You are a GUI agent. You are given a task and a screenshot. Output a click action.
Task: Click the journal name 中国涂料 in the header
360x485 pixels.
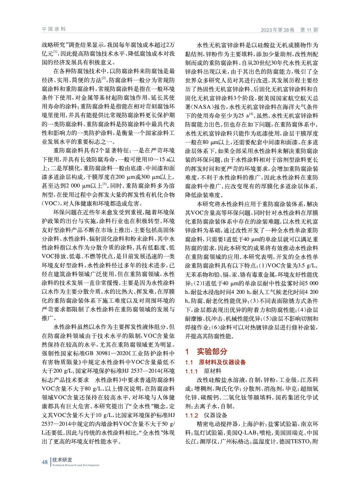tap(54, 29)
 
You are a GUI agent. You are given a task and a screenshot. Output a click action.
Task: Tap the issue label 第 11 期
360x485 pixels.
tap(309, 30)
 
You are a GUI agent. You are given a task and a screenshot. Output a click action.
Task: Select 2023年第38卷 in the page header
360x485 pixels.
tap(278, 30)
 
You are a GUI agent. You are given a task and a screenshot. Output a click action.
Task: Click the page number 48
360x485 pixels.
tap(45, 462)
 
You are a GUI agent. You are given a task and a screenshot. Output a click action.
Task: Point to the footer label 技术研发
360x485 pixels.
tap(62, 460)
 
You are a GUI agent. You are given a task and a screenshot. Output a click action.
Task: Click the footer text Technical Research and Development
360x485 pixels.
tap(76, 465)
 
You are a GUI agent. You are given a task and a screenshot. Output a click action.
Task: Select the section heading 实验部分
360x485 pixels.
tap(212, 351)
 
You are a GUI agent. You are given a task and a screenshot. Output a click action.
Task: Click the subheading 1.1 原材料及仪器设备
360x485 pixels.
tap(215, 362)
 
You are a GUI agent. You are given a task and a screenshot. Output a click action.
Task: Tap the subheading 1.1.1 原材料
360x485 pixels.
tap(203, 371)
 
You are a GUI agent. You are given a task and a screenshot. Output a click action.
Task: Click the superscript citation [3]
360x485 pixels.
tap(105, 184)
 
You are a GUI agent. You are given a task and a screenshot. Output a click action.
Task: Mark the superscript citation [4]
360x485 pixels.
tap(251, 114)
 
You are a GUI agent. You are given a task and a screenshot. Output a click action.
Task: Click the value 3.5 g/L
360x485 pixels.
tap(308, 266)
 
